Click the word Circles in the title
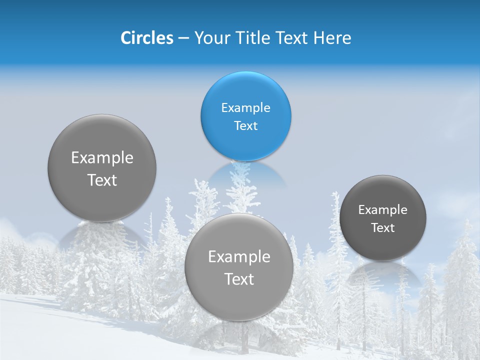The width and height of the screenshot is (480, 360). pos(146,38)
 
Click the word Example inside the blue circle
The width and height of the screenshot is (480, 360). pos(245,108)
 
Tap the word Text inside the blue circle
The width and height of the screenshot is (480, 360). pos(245,126)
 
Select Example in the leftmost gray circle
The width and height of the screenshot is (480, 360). pos(102,158)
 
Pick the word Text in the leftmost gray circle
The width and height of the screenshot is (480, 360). pos(102,180)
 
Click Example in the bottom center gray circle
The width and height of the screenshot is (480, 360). pos(239,257)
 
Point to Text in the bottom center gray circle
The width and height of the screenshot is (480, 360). pos(239,279)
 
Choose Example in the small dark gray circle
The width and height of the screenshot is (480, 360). pos(382,210)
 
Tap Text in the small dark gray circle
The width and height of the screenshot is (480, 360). pos(382,228)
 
